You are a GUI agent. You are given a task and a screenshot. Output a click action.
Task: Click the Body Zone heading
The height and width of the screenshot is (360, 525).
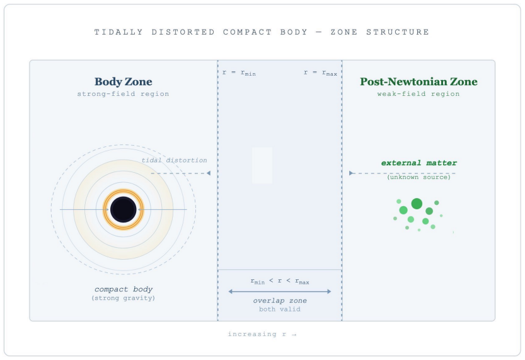click(124, 82)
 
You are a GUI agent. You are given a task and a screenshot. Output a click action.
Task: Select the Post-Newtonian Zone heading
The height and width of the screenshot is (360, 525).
click(418, 82)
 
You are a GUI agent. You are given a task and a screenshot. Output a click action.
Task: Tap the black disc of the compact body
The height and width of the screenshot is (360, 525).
click(124, 210)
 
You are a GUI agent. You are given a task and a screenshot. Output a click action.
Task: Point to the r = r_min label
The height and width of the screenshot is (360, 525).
click(239, 73)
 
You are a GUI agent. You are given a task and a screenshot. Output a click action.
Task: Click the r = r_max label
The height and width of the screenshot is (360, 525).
click(320, 73)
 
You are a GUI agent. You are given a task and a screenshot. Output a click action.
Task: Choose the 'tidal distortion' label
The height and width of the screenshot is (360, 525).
click(174, 160)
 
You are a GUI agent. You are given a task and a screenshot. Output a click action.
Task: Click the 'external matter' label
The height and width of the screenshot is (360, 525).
click(418, 163)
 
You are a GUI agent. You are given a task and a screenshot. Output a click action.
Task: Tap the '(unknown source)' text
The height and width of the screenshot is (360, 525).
click(418, 177)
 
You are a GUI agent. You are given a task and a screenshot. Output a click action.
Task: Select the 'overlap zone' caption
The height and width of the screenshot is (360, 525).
click(280, 301)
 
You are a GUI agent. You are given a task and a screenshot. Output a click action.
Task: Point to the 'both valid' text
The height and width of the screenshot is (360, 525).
click(280, 309)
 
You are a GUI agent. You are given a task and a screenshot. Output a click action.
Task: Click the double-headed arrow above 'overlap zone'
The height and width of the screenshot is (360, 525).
click(280, 291)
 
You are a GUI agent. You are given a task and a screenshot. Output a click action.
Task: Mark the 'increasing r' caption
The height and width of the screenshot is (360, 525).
click(262, 334)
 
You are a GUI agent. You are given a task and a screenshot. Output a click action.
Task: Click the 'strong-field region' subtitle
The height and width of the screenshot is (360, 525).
click(124, 94)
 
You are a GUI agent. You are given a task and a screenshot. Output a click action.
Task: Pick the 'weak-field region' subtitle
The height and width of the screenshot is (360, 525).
click(418, 94)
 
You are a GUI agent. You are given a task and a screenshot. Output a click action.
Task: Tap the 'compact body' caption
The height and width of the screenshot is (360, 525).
click(124, 289)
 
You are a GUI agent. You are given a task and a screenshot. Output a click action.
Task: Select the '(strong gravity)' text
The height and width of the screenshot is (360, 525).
click(124, 298)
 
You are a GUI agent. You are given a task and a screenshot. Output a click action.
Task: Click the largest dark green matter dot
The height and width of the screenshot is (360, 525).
click(417, 204)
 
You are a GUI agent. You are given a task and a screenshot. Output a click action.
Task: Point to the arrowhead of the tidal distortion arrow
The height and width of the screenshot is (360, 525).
click(208, 173)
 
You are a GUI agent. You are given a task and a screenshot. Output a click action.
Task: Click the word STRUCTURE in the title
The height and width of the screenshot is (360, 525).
click(398, 32)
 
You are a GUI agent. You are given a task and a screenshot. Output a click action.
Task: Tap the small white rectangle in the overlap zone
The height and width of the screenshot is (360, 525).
click(262, 165)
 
